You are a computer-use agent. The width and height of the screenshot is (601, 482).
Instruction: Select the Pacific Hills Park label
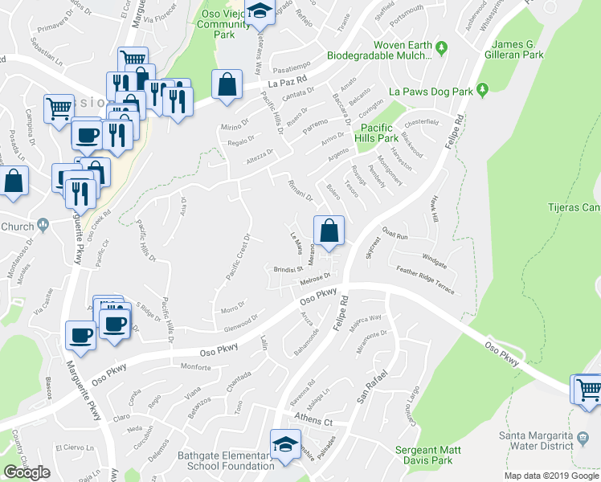pyautogui.click(x=382, y=133)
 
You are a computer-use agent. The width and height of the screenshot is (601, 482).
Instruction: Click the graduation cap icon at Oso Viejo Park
pyautogui.click(x=259, y=11)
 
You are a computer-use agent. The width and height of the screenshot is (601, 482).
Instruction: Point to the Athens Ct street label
pyautogui.click(x=315, y=421)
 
